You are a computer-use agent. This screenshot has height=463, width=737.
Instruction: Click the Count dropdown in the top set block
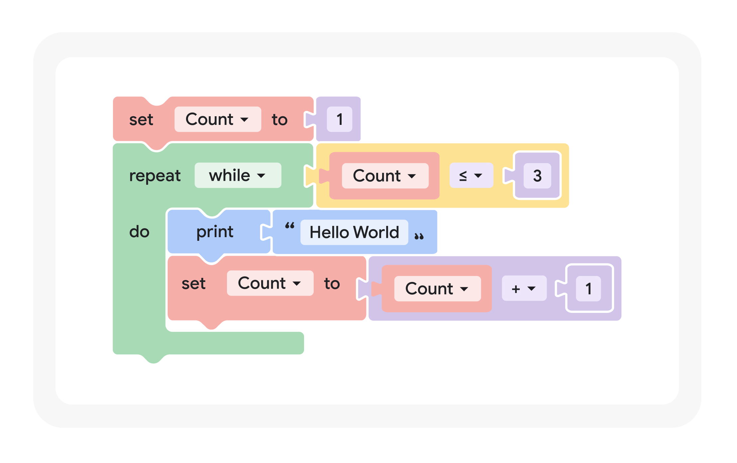click(x=217, y=119)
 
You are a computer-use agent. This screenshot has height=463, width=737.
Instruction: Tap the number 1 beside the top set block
click(x=339, y=119)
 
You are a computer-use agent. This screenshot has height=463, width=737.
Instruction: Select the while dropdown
click(x=238, y=175)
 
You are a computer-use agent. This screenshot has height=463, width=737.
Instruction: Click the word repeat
click(x=155, y=176)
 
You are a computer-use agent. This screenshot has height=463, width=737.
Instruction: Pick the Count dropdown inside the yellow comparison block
click(x=385, y=176)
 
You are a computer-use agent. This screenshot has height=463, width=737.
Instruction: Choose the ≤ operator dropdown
click(x=471, y=175)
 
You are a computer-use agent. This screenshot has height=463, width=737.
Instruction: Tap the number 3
click(x=537, y=176)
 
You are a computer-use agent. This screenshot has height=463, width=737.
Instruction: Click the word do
click(x=139, y=232)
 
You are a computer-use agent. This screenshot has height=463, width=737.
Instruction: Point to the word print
click(x=215, y=232)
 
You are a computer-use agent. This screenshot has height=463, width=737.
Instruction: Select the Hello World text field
click(x=354, y=232)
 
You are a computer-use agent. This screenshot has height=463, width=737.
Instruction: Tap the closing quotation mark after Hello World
click(x=419, y=236)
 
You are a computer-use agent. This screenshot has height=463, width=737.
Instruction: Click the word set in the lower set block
click(x=193, y=284)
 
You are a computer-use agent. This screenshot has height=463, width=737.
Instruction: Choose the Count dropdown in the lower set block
click(x=270, y=283)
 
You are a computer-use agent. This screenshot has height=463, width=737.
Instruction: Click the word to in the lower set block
click(x=332, y=284)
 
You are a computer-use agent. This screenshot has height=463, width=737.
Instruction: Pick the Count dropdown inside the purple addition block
click(x=437, y=289)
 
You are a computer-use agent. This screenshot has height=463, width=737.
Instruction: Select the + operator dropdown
click(x=524, y=289)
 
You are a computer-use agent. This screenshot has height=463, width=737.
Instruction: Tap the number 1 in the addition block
click(x=588, y=289)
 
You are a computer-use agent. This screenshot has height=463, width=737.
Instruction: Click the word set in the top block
click(x=141, y=120)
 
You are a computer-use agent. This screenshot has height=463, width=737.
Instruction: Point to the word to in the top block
click(x=279, y=120)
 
